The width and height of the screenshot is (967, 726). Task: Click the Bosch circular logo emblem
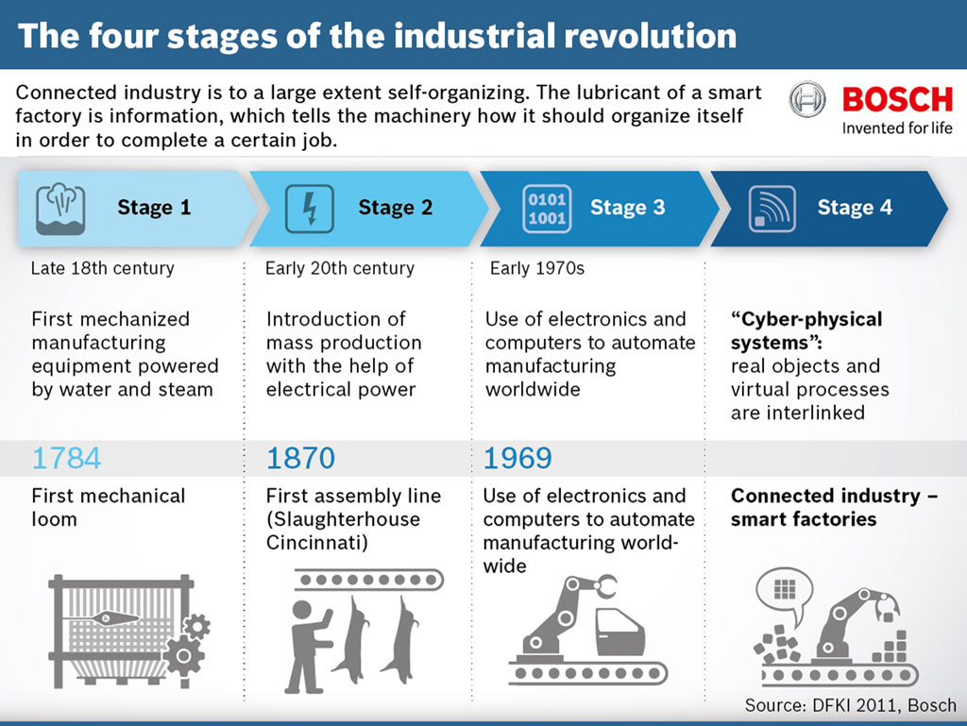point(807,100)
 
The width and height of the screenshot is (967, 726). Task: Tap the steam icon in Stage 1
point(60,208)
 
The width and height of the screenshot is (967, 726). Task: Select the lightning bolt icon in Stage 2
point(309,208)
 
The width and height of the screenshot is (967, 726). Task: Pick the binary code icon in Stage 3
point(547,208)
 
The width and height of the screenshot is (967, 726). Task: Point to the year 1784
point(66,459)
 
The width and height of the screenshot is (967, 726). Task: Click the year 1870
point(301,459)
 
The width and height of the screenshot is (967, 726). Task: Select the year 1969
point(517,459)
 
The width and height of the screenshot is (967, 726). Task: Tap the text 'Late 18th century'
point(102,268)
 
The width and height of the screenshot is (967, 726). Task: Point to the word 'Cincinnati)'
point(316,543)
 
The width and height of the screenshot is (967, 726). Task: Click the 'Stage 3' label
point(627,208)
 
